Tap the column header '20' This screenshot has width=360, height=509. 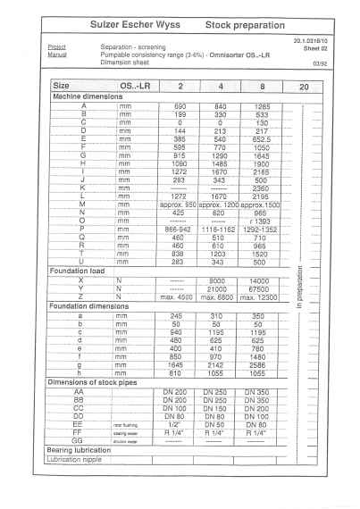tap(303, 88)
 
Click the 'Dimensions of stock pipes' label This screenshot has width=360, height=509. tap(99, 382)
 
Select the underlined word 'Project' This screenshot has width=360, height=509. tap(56, 48)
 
